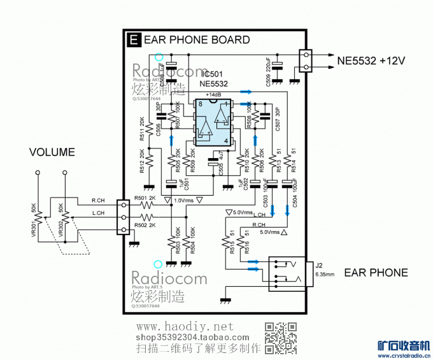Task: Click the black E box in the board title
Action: [x=133, y=40]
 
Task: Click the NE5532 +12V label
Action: [x=371, y=61]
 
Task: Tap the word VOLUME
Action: [x=52, y=152]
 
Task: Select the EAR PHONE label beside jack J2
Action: [x=376, y=273]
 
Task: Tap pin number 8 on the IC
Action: [x=201, y=103]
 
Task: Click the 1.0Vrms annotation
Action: [x=185, y=200]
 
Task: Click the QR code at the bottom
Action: [x=281, y=338]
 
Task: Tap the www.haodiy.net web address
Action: [x=182, y=327]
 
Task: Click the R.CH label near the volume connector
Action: [x=99, y=200]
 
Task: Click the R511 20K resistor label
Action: [x=141, y=129]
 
